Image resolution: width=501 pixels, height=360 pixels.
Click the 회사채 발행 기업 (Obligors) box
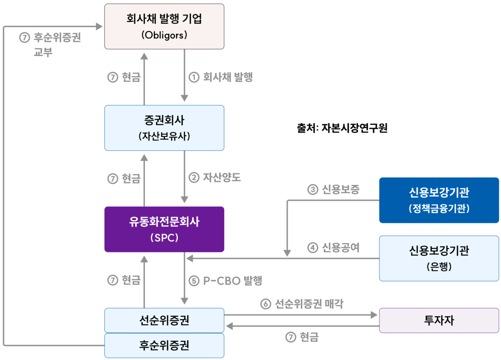164,26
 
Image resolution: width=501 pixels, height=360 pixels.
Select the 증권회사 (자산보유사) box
164,127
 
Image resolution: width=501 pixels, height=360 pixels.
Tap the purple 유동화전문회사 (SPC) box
164,229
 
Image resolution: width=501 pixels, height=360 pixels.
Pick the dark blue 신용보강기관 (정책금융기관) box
439,200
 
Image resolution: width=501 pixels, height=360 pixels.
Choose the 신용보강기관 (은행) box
439,258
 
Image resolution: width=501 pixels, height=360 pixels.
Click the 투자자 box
439,320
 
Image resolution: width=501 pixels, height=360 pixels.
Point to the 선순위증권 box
164,320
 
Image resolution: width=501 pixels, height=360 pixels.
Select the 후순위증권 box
164,345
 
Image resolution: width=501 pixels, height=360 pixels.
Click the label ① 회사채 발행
220,77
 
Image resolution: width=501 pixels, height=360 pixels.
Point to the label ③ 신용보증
333,189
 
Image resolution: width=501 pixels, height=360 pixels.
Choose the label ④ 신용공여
333,248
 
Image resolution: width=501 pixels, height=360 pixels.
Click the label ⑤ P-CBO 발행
225,280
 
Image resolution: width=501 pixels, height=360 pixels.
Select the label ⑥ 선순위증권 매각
302,304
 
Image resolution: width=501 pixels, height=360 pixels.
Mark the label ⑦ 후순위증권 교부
50,45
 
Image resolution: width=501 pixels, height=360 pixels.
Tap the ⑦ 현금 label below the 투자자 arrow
302,337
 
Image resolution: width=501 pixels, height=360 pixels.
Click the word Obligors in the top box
164,35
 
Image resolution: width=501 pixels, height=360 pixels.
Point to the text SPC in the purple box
164,238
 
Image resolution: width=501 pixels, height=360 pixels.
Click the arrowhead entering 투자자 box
375,314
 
